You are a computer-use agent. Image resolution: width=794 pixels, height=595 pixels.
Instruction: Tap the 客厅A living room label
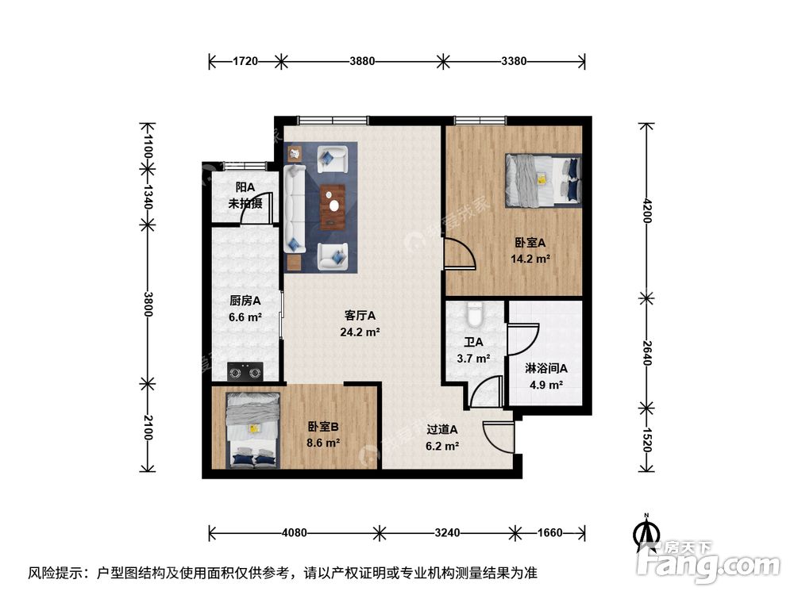coord(360,315)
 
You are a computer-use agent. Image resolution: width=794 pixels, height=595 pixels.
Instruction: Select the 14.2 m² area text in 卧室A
coord(531,258)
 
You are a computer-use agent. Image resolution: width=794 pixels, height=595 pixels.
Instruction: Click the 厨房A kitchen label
coord(245,301)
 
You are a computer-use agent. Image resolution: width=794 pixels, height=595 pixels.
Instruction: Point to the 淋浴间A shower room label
coord(546,368)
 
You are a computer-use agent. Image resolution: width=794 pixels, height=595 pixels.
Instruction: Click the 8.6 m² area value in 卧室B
coord(324,443)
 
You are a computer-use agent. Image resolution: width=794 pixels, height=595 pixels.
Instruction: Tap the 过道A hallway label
coord(443,430)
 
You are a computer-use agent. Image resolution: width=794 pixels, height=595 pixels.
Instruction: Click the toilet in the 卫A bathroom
coord(474,316)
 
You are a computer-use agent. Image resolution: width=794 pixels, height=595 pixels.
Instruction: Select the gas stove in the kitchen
coord(245,370)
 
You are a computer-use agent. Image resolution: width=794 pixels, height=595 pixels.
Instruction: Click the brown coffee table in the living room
coord(333,205)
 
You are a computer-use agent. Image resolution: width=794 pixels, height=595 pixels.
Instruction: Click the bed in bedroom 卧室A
coord(543,179)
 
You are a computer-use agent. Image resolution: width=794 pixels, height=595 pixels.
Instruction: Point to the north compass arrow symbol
coord(647,531)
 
